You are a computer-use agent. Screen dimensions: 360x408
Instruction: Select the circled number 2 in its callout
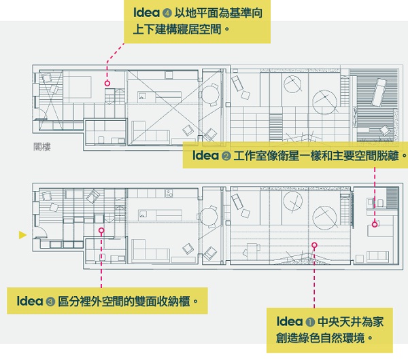click(x=226, y=156)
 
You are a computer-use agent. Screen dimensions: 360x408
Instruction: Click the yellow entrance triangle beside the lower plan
click(x=22, y=235)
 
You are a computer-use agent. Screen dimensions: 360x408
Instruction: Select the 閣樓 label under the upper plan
click(x=42, y=145)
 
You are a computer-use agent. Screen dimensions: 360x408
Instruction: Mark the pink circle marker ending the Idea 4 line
click(x=107, y=83)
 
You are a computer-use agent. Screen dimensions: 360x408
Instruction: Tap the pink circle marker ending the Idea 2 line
click(x=375, y=223)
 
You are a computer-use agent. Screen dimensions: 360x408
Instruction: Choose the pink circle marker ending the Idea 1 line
click(x=314, y=245)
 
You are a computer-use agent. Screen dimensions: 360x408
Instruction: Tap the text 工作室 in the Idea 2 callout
click(x=248, y=156)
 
